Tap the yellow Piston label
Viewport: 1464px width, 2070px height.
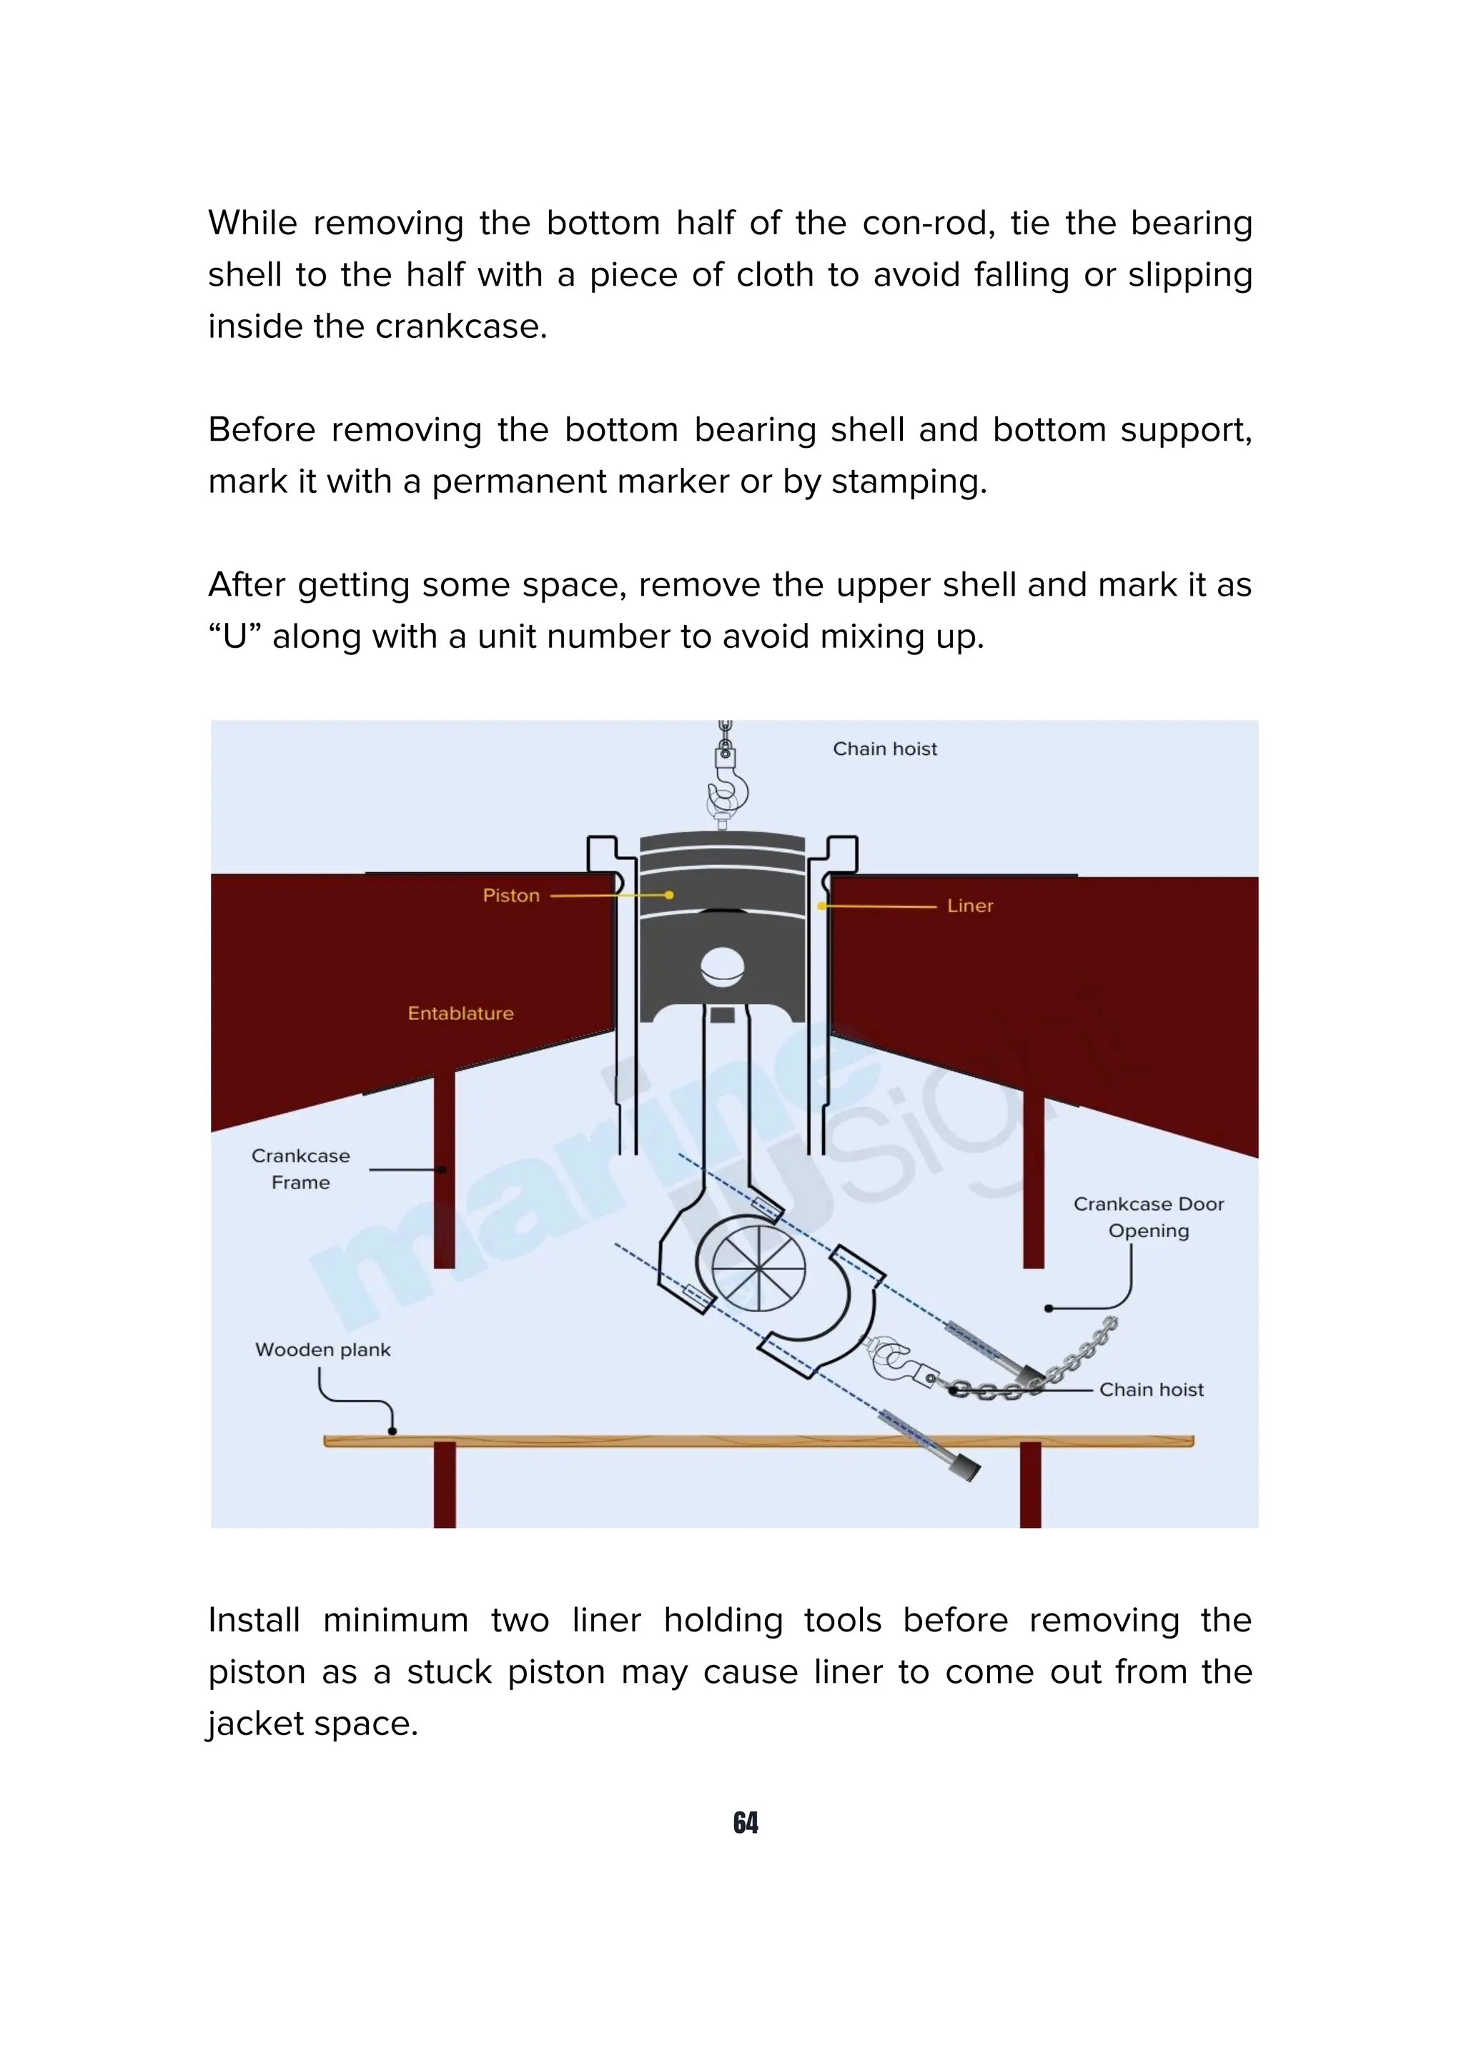(x=510, y=895)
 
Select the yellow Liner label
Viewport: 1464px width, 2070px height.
(x=970, y=906)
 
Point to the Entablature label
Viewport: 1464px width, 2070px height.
(x=460, y=1014)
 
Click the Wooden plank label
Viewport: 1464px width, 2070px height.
(x=323, y=1350)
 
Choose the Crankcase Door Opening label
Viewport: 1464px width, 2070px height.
(x=1148, y=1217)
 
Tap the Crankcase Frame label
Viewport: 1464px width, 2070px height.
(x=300, y=1169)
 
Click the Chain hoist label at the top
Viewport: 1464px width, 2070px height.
(x=884, y=749)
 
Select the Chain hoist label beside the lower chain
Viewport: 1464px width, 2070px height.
(x=1151, y=1389)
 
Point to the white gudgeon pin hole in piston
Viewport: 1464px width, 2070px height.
(x=723, y=967)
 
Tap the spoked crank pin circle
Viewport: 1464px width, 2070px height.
(x=758, y=1266)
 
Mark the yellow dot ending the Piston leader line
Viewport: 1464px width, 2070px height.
(x=668, y=895)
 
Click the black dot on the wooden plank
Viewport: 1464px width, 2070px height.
(x=392, y=1431)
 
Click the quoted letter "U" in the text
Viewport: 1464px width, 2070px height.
(x=234, y=636)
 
